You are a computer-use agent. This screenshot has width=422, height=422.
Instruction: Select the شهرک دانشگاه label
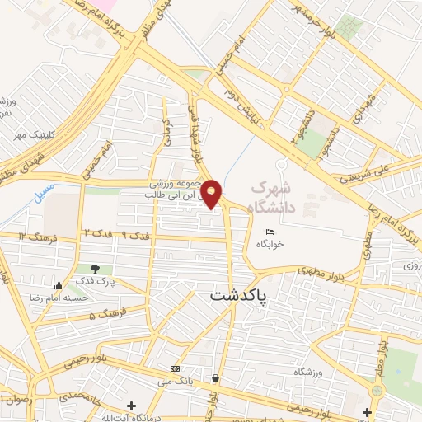click(x=284, y=194)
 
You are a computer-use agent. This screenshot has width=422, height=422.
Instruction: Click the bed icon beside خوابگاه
click(x=270, y=232)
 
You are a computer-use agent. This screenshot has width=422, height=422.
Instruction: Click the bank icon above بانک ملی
click(x=174, y=368)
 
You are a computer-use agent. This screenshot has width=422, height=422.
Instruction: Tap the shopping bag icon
click(x=215, y=378)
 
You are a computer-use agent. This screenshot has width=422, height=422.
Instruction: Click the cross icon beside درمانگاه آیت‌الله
click(x=132, y=406)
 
